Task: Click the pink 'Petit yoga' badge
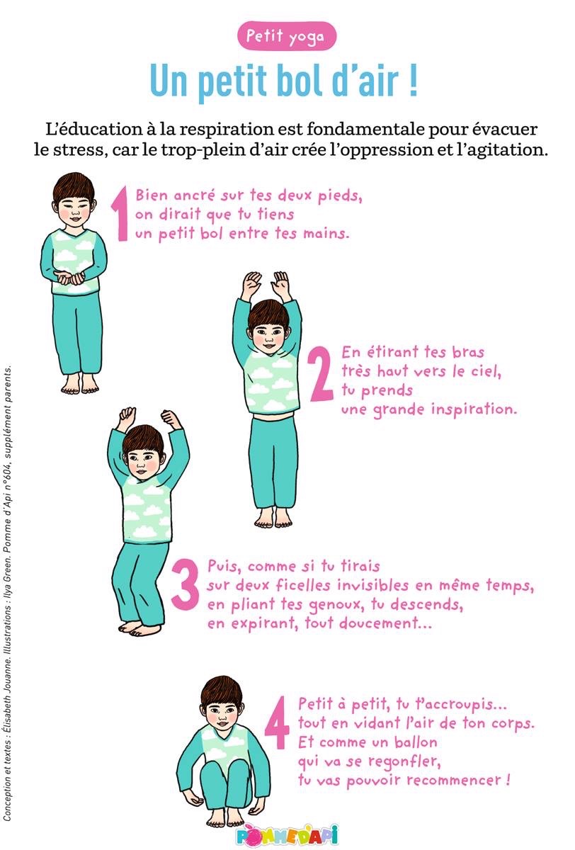(x=286, y=36)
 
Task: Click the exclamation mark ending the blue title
(x=414, y=81)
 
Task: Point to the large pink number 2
(x=321, y=373)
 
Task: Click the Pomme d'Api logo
(x=286, y=834)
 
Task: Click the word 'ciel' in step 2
(x=486, y=371)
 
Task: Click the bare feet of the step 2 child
(x=273, y=517)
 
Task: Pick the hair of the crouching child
(x=221, y=691)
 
